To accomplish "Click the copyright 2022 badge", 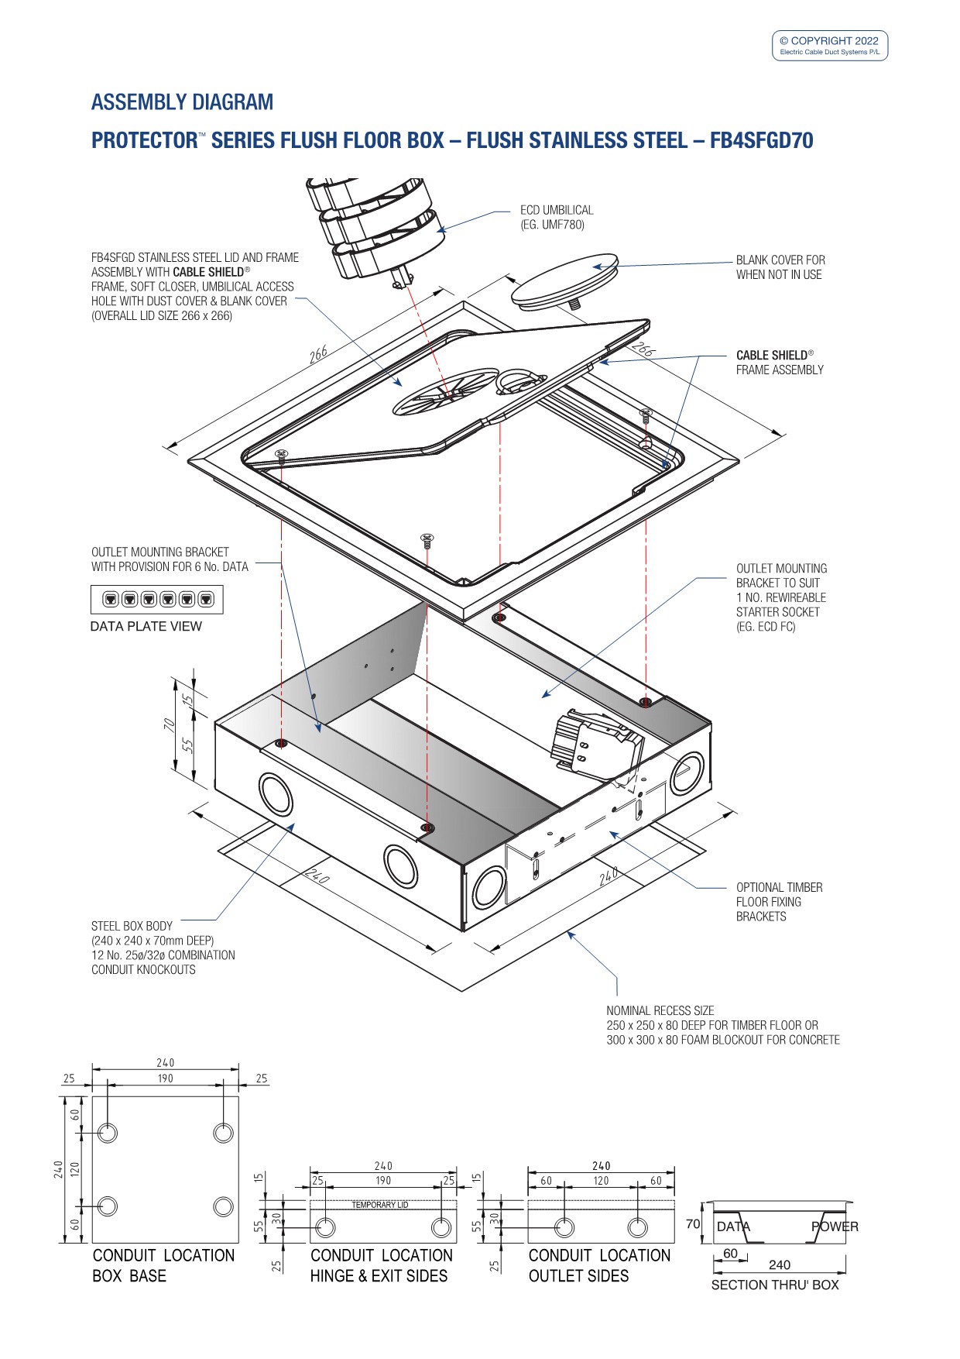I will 829,46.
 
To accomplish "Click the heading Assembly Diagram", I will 182,102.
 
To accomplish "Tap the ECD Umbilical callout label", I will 557,217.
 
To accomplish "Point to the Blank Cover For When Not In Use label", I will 780,267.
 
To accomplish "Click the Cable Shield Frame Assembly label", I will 779,363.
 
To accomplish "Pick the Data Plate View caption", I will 146,626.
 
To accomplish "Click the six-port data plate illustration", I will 157,599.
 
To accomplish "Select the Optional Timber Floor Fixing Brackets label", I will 779,902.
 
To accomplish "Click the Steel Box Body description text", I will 163,948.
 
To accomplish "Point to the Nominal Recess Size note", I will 722,1025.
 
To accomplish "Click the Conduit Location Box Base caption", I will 163,1265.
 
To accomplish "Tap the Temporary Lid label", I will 379,1205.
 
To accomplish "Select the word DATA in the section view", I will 732,1227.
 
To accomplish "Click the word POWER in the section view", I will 834,1227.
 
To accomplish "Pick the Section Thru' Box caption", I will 774,1285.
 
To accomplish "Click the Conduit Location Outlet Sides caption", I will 598,1265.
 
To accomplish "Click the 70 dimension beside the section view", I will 692,1224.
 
